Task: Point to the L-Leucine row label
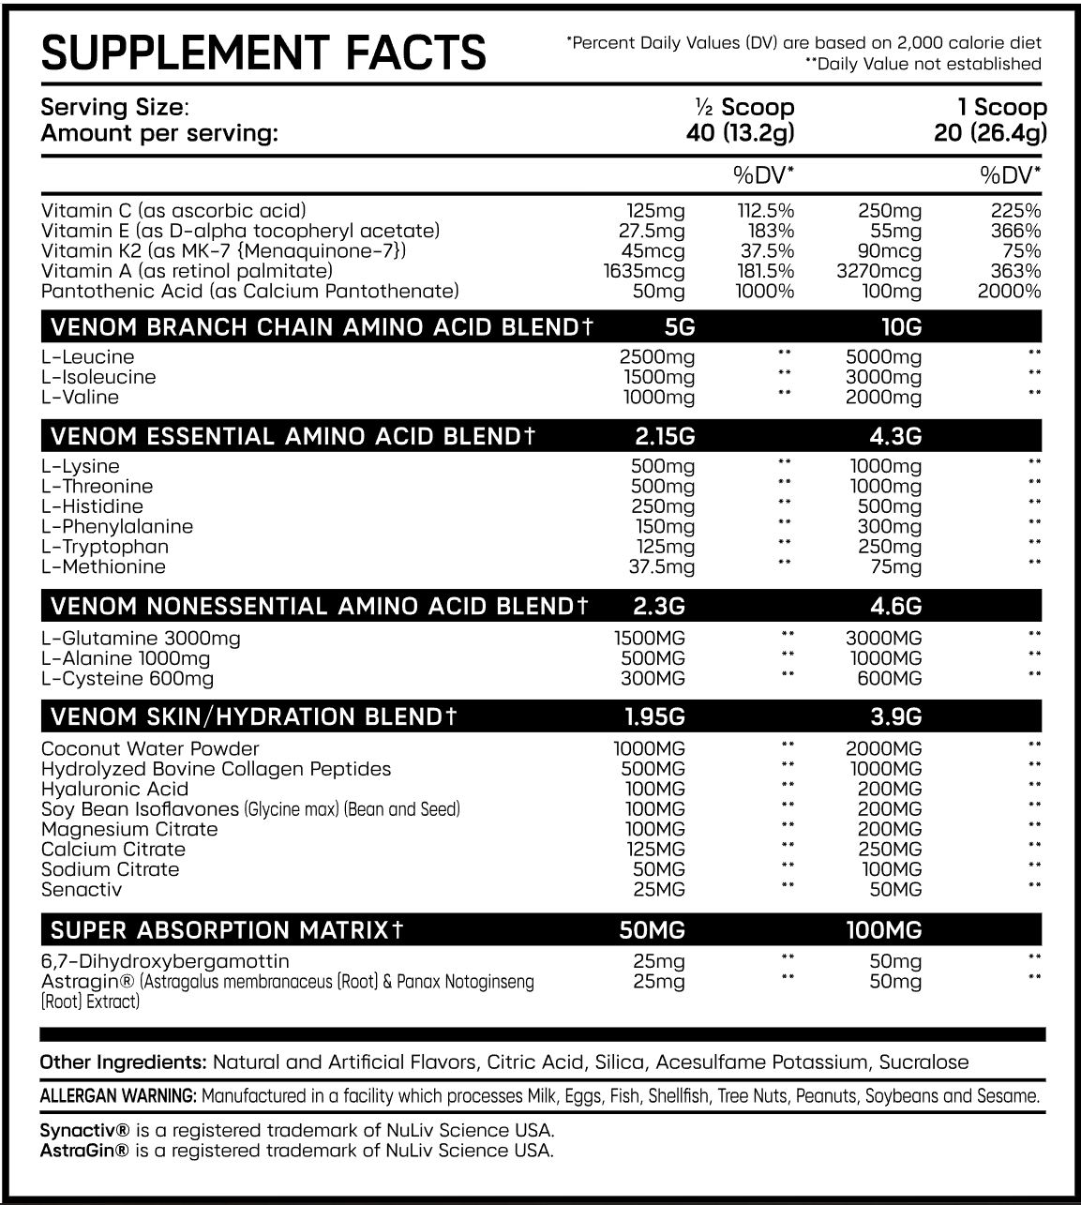pos(87,357)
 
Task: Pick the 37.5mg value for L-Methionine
pos(661,567)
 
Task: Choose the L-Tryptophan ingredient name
pos(105,547)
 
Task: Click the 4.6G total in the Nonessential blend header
pos(895,606)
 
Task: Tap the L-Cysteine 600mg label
pos(128,679)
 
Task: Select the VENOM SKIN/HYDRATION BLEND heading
pos(254,717)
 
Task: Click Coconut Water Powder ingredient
pos(150,749)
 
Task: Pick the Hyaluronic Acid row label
pos(114,790)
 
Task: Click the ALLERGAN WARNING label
pos(118,1096)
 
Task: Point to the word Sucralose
pos(923,1062)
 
